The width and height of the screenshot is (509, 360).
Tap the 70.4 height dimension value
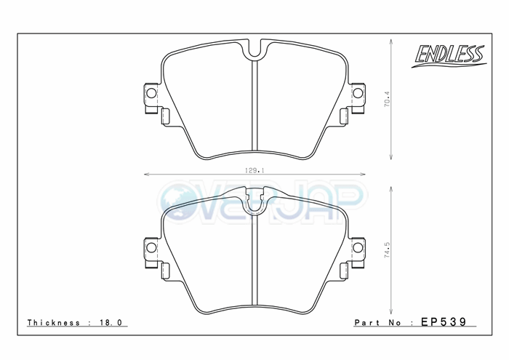pos(388,99)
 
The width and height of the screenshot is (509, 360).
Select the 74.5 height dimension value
pos(388,250)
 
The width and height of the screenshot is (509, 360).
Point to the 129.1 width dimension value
pos(254,170)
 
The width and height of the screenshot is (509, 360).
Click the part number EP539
pos(444,321)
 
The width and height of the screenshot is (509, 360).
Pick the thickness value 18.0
pos(111,322)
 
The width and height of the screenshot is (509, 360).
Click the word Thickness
pos(54,322)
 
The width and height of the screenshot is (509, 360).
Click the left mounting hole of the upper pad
pos(151,94)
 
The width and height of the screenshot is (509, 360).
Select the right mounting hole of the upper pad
pos(358,94)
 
